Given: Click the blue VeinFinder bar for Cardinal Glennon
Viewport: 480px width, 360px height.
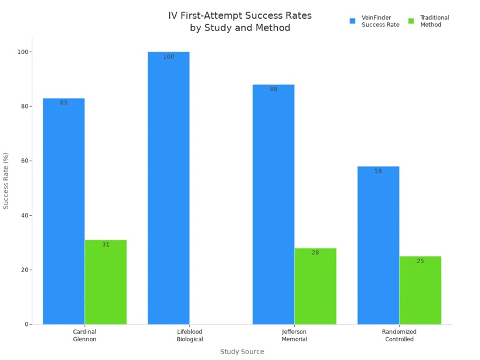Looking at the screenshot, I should [x=63, y=211].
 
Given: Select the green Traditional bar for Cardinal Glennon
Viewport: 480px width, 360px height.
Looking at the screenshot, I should [x=105, y=282].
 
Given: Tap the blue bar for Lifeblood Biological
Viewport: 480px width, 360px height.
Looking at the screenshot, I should [x=168, y=188].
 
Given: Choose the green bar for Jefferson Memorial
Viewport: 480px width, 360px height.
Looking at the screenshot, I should [x=315, y=286].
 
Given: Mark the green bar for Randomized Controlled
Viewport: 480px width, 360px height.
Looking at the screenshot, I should [x=420, y=290].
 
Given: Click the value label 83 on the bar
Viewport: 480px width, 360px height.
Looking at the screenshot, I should [x=63, y=103].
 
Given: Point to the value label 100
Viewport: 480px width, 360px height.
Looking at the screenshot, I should [x=168, y=57].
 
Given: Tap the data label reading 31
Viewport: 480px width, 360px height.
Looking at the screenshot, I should [x=105, y=244].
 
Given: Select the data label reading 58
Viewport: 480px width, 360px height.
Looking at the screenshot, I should [x=378, y=171].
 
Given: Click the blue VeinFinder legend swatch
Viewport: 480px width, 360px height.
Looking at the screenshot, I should [x=352, y=21].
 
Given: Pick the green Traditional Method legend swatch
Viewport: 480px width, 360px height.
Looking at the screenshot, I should [x=411, y=21].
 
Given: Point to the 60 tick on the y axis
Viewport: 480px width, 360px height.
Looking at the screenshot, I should [x=23, y=161].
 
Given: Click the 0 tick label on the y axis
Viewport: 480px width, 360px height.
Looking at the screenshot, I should [x=26, y=324].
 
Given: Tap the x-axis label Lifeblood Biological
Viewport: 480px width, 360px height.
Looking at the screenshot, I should [x=189, y=335].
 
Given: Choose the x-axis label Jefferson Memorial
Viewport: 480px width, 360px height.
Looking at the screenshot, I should [x=294, y=335].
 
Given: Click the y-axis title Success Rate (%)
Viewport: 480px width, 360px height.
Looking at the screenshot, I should [x=6, y=181].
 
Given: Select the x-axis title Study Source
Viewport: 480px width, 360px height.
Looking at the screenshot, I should [x=242, y=352].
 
